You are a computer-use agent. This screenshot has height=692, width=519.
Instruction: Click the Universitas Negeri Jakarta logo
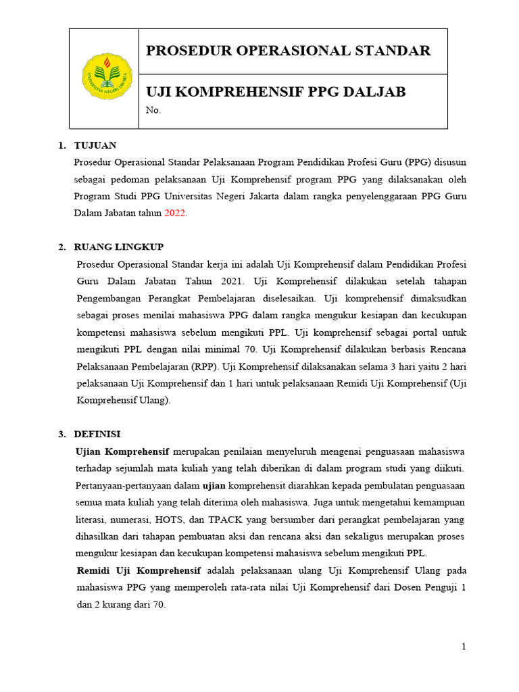coord(107,76)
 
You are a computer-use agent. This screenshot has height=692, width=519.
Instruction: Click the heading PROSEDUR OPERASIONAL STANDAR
coord(289,51)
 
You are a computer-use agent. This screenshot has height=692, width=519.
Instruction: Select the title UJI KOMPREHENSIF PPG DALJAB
coord(276,91)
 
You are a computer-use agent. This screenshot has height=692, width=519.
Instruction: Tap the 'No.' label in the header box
coord(153,110)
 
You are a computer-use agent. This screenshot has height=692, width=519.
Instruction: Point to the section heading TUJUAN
coord(95,145)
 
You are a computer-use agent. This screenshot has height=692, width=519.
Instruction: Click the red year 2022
coord(175,213)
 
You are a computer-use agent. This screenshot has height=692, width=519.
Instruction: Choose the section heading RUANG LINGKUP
coord(119,247)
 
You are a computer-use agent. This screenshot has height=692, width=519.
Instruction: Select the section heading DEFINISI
coord(97,434)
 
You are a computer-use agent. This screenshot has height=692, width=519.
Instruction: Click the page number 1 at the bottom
coord(464,647)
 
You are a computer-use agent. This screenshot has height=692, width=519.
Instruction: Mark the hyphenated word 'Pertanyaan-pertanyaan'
coord(138,486)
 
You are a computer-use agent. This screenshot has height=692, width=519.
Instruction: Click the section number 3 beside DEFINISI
coord(61,434)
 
